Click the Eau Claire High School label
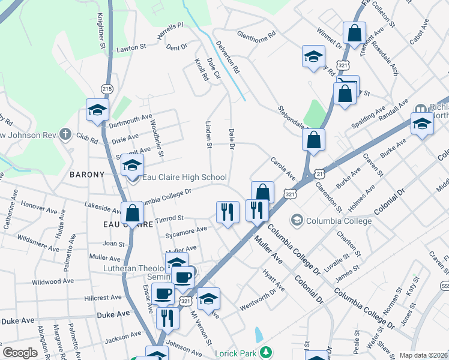[185, 177]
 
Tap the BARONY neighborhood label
[87, 175]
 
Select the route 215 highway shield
[107, 88]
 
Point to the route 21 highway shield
[320, 173]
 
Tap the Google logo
[20, 353]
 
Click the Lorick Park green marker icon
[270, 352]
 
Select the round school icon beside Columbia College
[296, 221]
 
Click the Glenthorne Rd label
[256, 35]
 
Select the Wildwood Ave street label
[53, 281]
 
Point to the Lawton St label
[131, 47]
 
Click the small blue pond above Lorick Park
[259, 335]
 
